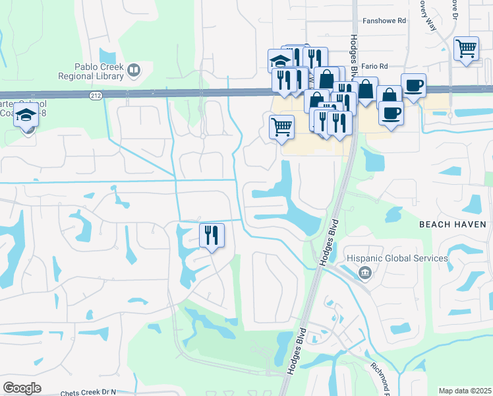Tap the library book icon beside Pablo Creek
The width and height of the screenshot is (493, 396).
(134, 69)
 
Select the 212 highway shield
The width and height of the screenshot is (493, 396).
(96, 95)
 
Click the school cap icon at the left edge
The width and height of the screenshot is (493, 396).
(26, 115)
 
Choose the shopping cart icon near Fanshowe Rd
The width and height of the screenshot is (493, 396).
(466, 48)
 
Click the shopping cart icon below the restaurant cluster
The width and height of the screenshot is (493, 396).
(282, 125)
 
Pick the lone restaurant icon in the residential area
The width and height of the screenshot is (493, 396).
(212, 235)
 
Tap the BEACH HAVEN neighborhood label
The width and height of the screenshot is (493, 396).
(453, 224)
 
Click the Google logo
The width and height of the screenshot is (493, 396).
(22, 387)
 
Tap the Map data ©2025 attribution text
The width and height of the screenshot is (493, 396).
(465, 391)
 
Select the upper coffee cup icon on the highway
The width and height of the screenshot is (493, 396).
(413, 86)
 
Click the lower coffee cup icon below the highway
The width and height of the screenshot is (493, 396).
(390, 114)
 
